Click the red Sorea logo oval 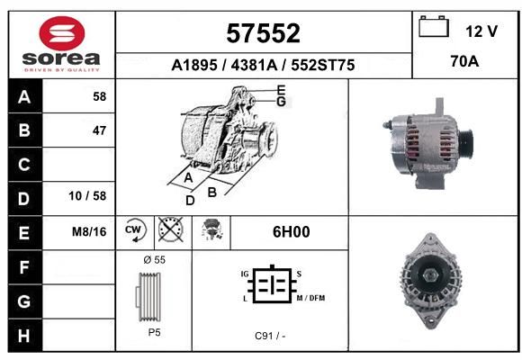62,33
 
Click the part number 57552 264,33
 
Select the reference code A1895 194,65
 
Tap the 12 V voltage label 481,31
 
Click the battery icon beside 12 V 434,26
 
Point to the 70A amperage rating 464,61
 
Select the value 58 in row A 100,96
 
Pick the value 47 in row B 100,130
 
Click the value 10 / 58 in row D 87,196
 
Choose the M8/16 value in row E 89,231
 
